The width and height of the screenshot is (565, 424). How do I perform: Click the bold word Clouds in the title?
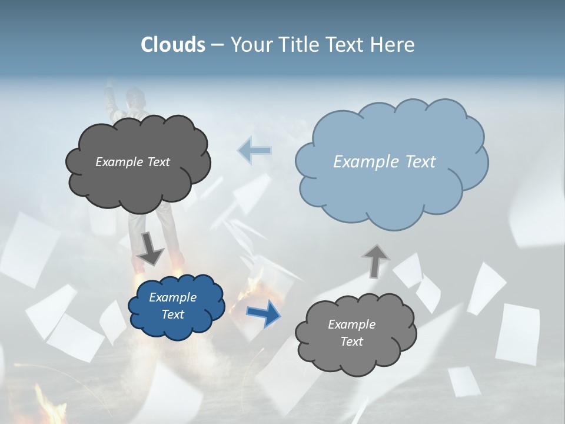coord(173,45)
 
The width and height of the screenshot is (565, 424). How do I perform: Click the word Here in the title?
coord(393,45)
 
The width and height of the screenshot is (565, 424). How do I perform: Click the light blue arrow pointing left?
coord(254,151)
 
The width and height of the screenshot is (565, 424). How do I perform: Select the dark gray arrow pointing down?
coord(151,249)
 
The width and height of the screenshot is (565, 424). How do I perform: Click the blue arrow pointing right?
coord(263,313)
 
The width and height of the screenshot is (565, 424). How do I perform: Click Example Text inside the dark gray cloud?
coord(132,162)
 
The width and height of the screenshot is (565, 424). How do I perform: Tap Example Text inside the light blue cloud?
coord(384,162)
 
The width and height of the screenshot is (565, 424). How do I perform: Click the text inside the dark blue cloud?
coord(172,306)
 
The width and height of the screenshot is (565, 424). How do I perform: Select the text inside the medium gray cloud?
coord(351,333)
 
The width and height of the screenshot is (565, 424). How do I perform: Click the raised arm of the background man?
coord(110,100)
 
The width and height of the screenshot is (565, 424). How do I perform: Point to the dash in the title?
coord(217,45)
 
